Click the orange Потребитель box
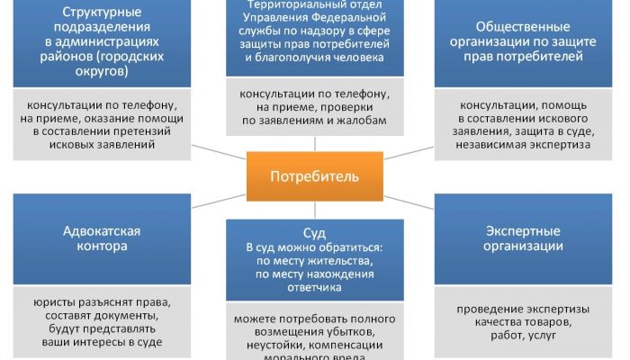[314, 175]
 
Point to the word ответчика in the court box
[314, 288]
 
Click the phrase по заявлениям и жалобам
[313, 120]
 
